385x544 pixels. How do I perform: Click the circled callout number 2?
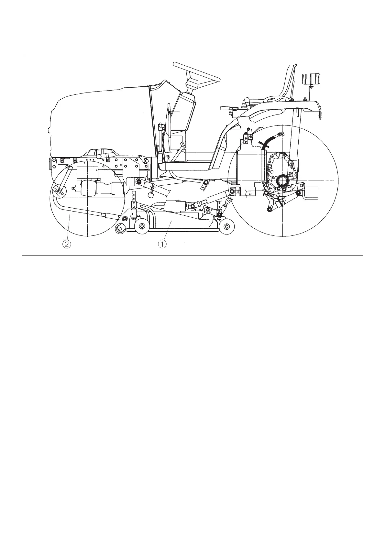[66, 244]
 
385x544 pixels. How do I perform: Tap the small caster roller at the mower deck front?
[120, 229]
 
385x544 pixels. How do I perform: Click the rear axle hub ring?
[281, 180]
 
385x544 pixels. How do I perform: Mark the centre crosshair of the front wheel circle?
[87, 197]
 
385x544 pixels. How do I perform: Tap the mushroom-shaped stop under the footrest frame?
[151, 194]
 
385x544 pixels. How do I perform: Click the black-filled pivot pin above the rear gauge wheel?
[219, 213]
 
